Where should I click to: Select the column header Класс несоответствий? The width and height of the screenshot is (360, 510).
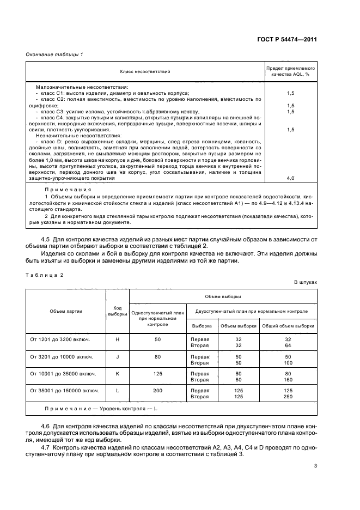click(x=145, y=71)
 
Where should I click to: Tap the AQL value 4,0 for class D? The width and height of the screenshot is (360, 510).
click(x=290, y=178)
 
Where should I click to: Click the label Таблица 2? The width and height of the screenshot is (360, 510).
click(x=45, y=275)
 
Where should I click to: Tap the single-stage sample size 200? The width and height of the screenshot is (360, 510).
click(x=157, y=391)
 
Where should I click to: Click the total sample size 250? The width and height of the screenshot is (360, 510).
click(x=288, y=397)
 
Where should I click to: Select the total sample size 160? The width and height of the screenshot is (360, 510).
click(x=288, y=379)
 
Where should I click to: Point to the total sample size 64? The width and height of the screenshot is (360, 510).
click(x=288, y=344)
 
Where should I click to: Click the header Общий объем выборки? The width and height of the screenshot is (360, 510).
click(x=288, y=326)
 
